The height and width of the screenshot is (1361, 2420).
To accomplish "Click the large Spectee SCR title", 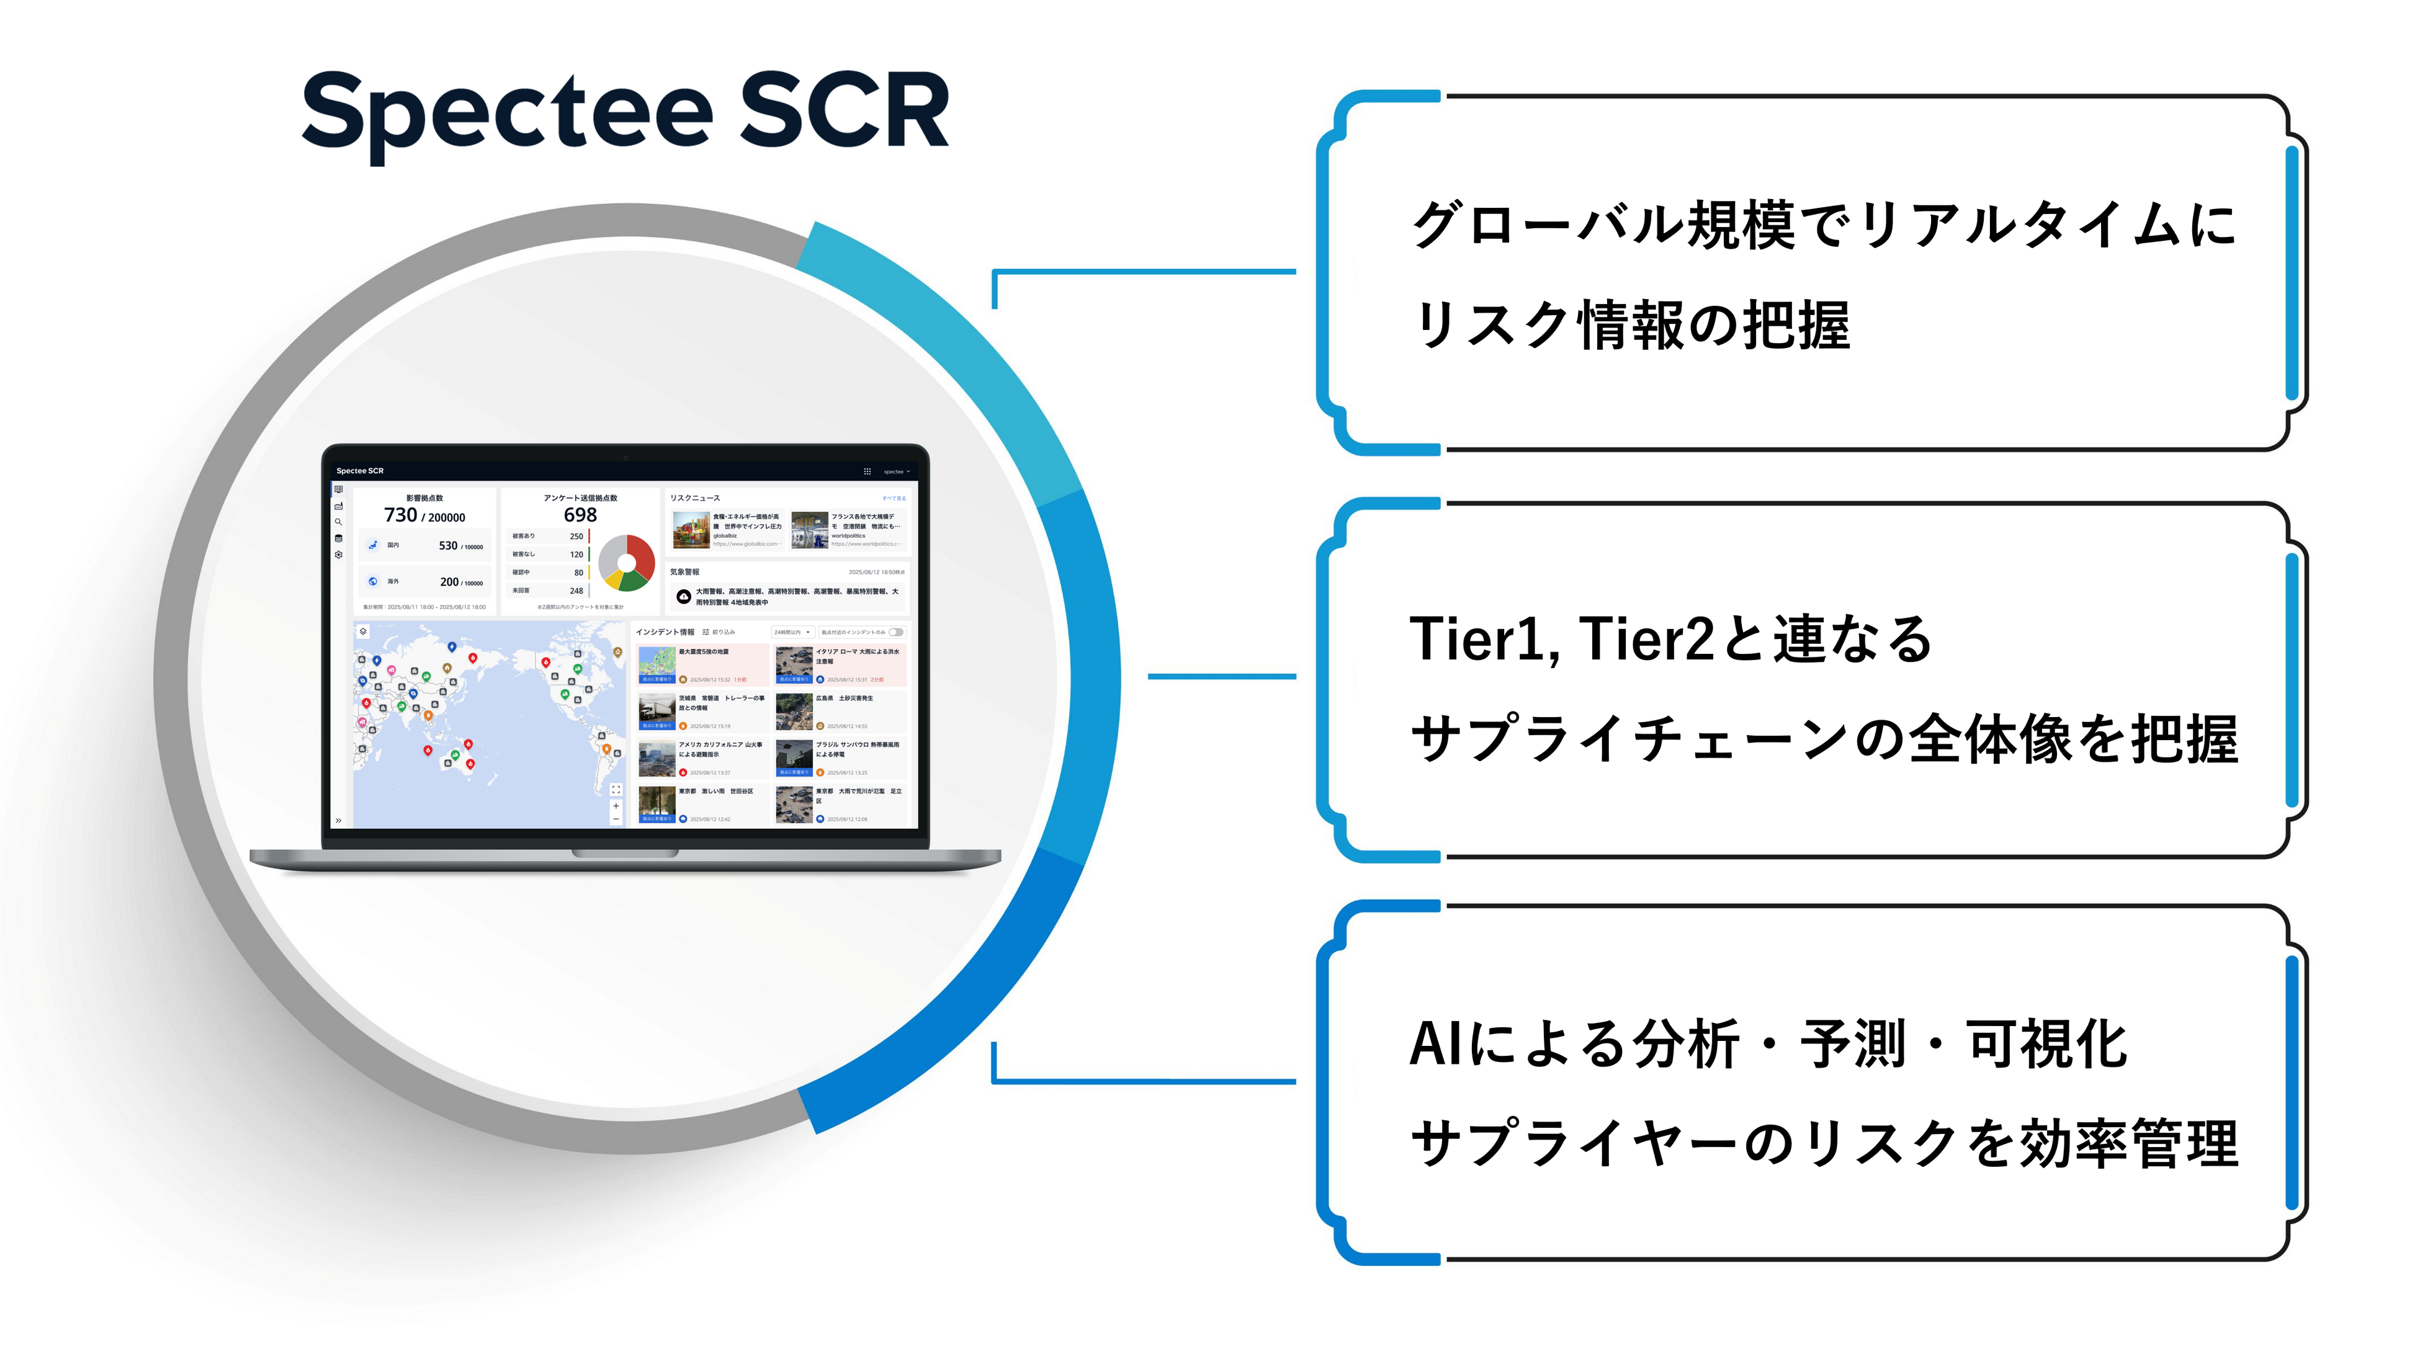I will click(625, 113).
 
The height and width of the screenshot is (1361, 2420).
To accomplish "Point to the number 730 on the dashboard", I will click(400, 515).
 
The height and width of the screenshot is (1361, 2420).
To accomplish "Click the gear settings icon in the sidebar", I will click(338, 555).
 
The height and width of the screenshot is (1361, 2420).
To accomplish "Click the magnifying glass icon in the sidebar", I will click(338, 522).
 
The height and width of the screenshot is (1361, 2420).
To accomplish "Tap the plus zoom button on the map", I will click(616, 806).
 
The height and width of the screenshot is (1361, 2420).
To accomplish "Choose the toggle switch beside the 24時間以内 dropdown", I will click(896, 632).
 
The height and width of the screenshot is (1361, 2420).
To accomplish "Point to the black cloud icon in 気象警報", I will click(684, 596).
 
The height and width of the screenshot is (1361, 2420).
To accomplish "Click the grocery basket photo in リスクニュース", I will click(691, 530).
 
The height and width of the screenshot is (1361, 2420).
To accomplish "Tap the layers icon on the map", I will click(364, 631).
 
